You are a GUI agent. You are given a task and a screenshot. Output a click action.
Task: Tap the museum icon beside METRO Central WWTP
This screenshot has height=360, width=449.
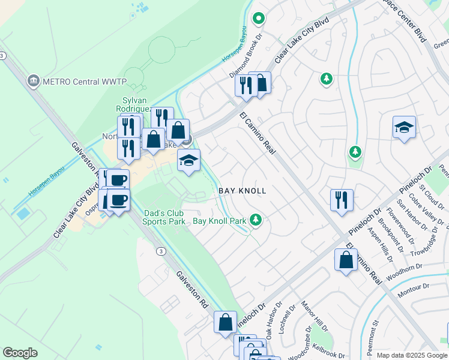(34, 80)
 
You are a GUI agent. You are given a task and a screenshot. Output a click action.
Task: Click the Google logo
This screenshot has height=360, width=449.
(20, 353)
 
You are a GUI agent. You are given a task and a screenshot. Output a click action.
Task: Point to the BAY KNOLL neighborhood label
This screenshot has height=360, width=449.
(242, 191)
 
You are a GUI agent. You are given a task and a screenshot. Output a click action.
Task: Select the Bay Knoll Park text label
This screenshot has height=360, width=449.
(219, 221)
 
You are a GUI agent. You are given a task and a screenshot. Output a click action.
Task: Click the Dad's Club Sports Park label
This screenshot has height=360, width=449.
(164, 217)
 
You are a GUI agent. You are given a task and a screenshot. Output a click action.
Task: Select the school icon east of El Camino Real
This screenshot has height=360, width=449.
(405, 127)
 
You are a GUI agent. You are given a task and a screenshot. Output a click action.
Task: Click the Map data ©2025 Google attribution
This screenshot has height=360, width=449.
(412, 355)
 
